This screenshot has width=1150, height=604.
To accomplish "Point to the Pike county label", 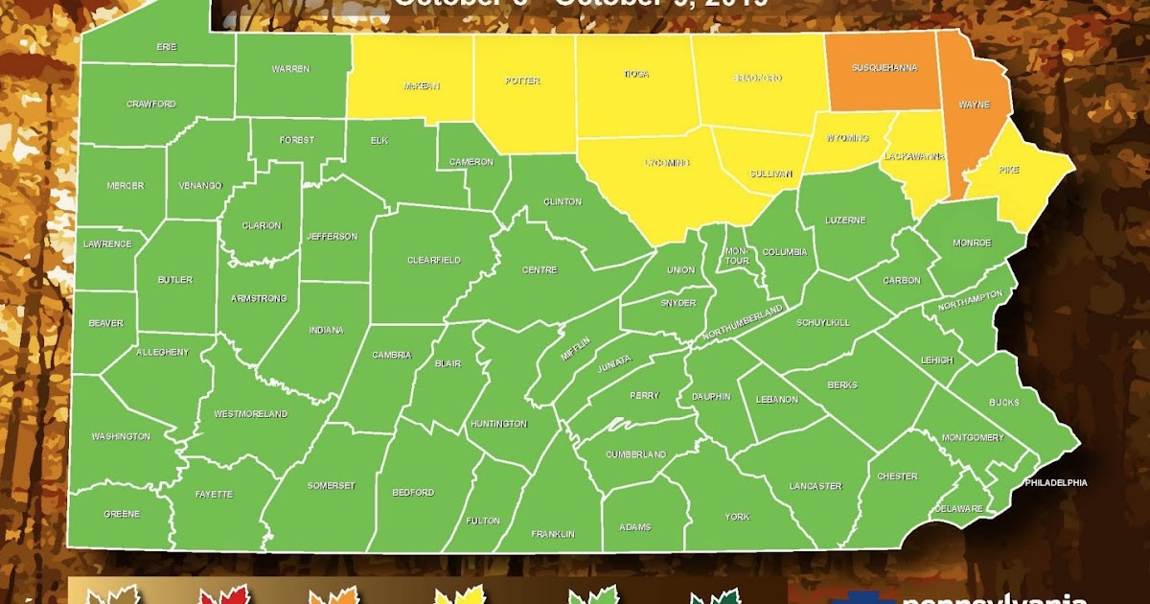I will (1009, 170).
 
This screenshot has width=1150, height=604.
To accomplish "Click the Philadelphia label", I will (1056, 482).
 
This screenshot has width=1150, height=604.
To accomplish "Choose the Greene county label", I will (122, 514).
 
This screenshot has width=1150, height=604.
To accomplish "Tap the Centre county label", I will (540, 270).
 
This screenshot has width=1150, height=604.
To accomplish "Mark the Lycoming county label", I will (666, 163).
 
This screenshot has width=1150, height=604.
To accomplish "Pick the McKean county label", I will (421, 85).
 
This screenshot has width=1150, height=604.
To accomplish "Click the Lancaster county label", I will (816, 486).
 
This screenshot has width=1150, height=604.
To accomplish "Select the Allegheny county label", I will (163, 353).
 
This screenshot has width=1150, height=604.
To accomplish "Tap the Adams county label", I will (634, 526).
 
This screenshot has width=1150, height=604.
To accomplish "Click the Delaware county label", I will (958, 507).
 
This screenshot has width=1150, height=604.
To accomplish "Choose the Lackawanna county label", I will (914, 156).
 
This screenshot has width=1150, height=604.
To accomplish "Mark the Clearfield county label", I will (434, 260).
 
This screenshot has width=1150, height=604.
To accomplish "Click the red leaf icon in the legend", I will (218, 595).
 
